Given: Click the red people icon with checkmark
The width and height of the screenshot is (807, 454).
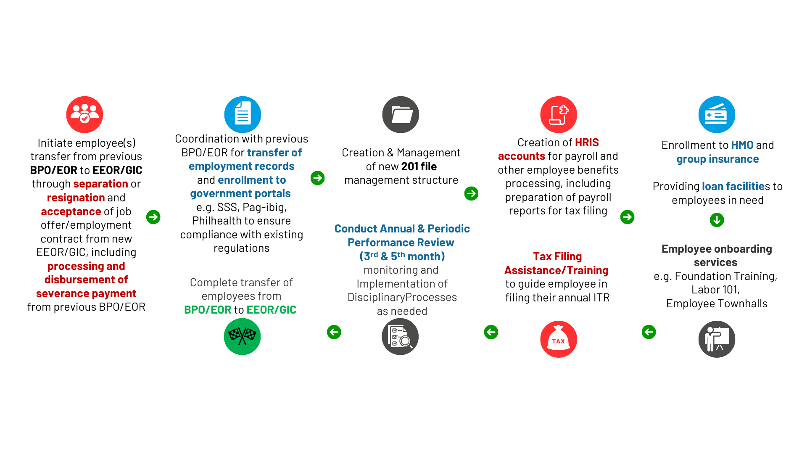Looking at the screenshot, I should (84, 114).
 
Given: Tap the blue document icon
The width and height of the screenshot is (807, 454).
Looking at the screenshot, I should (243, 114).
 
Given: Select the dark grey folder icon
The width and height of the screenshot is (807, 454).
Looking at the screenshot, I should (401, 114).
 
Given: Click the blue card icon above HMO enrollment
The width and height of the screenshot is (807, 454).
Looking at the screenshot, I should (717, 114).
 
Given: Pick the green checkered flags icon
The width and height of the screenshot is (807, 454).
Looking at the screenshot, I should (243, 336).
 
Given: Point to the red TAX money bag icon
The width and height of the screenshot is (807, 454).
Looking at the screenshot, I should (559, 339).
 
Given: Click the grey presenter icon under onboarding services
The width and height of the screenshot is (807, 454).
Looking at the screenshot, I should (717, 339).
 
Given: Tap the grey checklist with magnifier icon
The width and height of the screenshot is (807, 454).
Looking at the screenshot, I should (401, 336).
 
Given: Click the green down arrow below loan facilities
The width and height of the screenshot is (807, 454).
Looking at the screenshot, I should (717, 219).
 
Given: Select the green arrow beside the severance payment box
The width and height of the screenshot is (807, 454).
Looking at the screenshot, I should (153, 217).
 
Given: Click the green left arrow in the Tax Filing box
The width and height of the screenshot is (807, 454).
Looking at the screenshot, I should (491, 332).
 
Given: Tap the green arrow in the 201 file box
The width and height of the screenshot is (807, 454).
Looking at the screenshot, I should (471, 193).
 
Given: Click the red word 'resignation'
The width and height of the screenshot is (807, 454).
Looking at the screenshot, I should (76, 198).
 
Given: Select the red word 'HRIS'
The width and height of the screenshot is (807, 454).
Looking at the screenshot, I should (587, 143).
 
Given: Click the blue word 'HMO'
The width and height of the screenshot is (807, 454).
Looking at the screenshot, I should (742, 145).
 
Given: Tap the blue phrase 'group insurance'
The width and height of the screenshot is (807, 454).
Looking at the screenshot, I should (717, 159).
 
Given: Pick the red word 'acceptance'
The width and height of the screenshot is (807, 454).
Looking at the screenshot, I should (71, 211).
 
